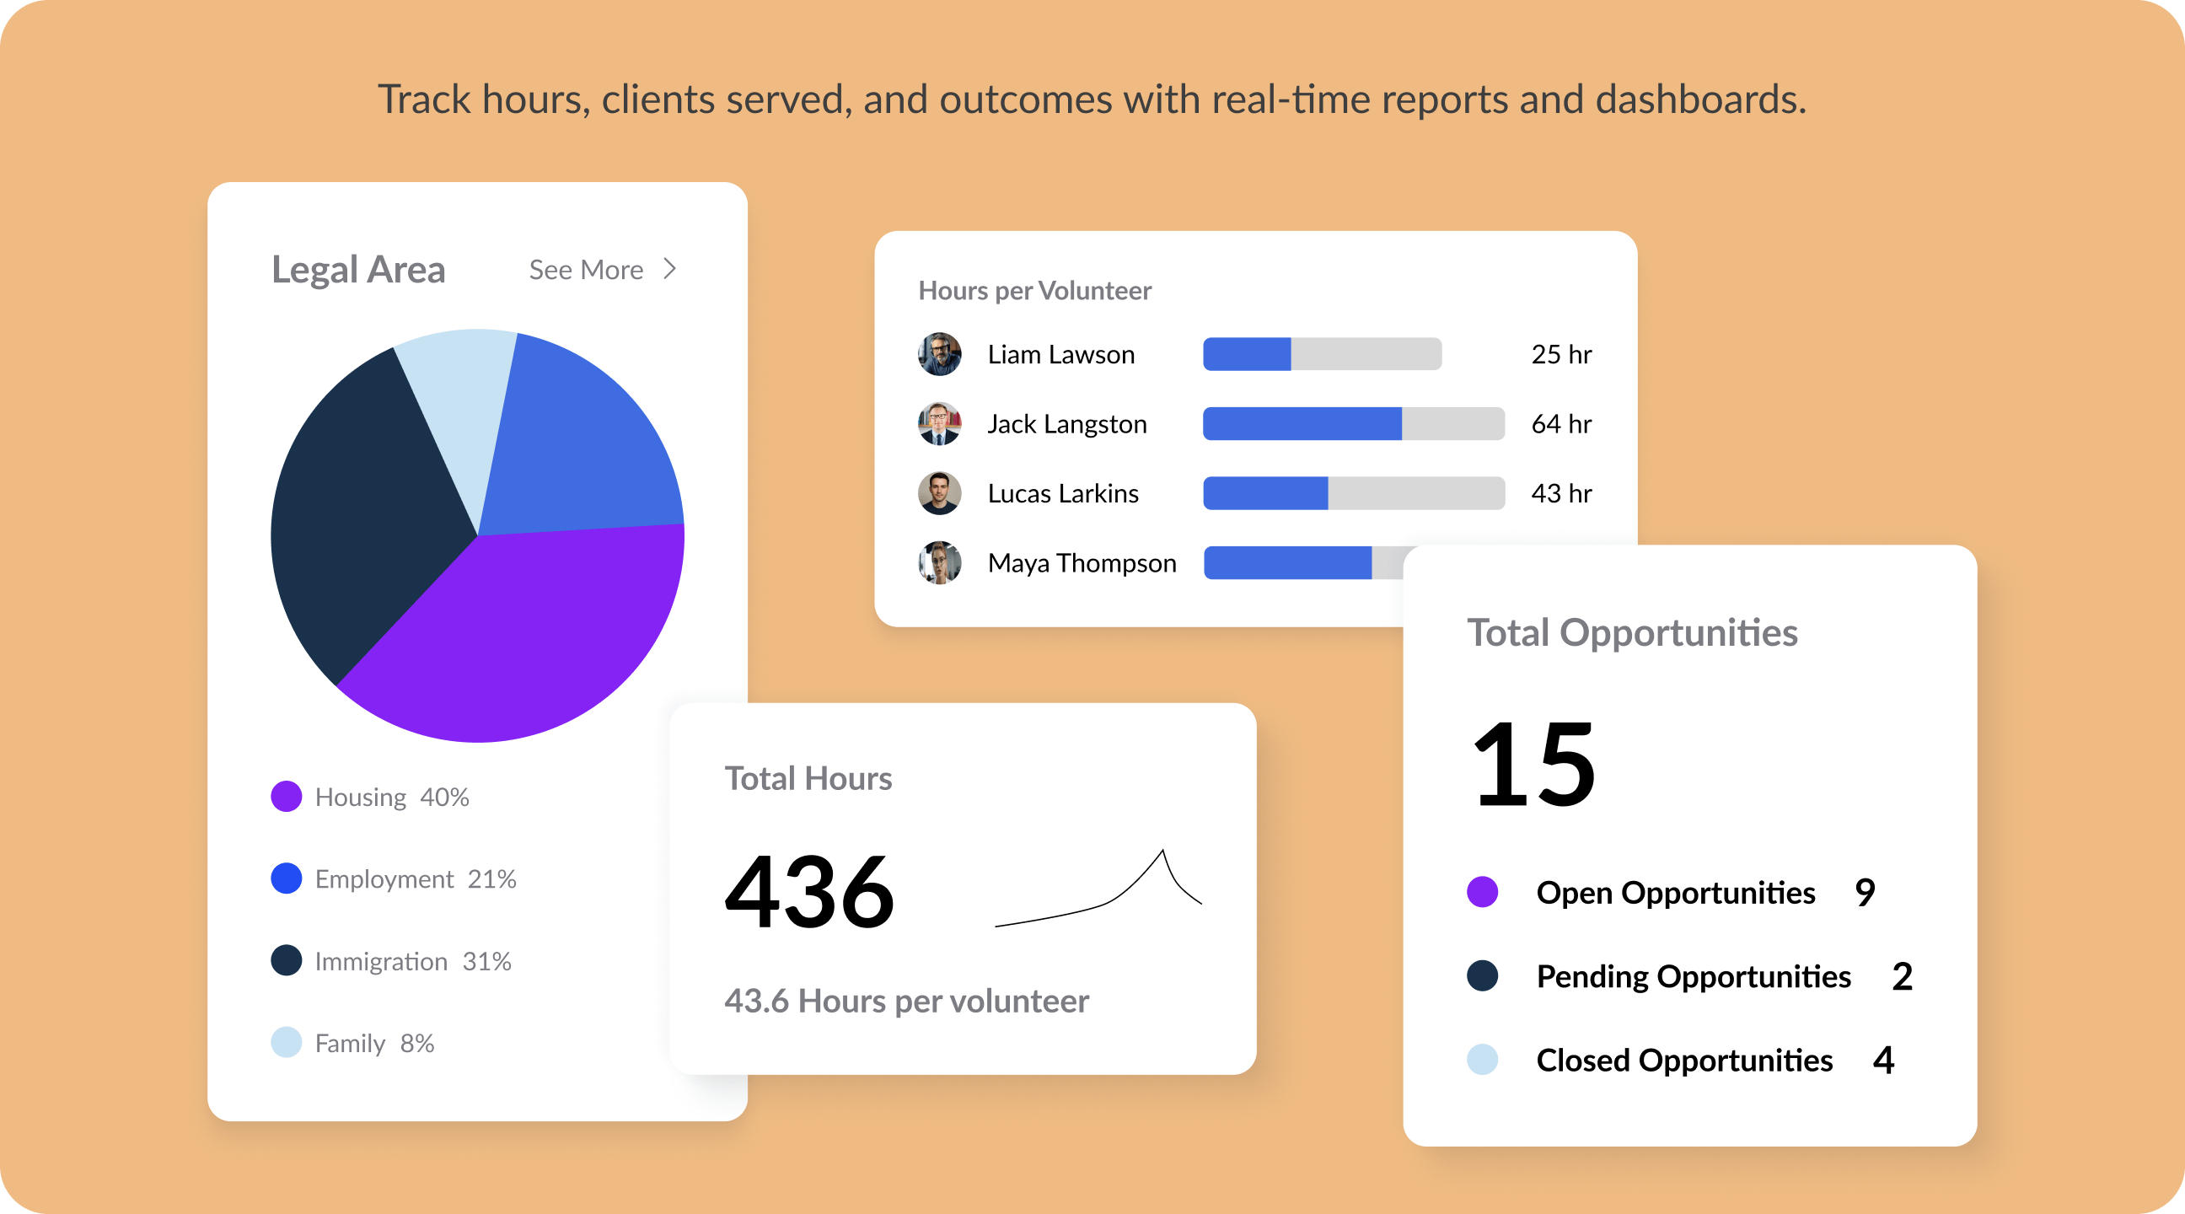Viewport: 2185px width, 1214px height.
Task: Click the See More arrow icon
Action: coord(670,269)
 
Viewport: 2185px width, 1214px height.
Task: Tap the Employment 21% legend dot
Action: coord(287,878)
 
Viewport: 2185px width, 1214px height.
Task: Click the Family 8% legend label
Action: coord(374,1043)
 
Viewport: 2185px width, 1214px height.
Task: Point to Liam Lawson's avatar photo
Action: coord(939,354)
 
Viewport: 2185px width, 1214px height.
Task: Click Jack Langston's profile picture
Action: coord(939,423)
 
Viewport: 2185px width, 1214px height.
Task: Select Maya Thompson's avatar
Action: coord(939,562)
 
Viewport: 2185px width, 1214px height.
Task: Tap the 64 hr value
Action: coord(1560,423)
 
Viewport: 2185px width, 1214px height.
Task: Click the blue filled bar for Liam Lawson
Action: coord(1247,354)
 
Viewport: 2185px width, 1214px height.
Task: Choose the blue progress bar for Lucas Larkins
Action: coord(1265,493)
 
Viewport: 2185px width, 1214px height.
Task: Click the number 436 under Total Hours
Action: coord(809,893)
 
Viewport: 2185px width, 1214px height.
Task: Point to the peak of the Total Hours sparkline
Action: coord(1162,851)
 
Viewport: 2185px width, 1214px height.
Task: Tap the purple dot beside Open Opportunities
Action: coord(1482,893)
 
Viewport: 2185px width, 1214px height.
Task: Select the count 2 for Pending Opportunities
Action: coord(1902,976)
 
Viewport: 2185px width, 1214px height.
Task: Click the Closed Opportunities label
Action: coord(1683,1061)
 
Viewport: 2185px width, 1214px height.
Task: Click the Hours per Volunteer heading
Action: coord(1034,291)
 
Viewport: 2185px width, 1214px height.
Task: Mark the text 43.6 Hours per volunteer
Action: coord(906,1001)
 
